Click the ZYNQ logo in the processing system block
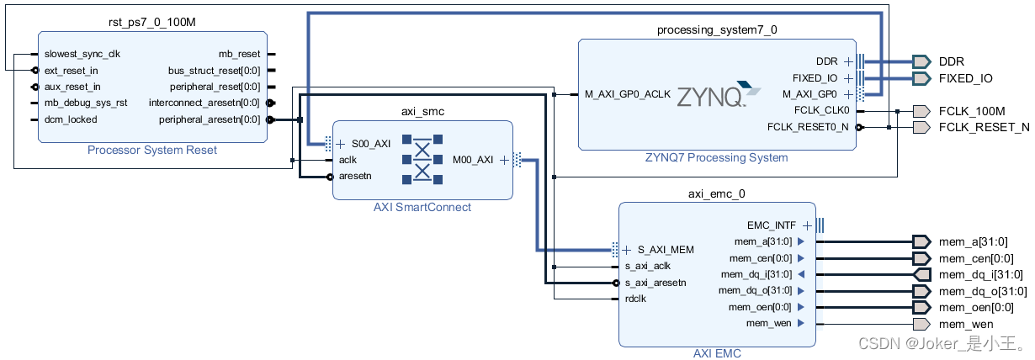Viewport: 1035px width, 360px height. coord(712,95)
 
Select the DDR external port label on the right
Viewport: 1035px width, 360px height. coord(951,61)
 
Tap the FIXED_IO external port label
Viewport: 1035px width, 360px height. coord(965,78)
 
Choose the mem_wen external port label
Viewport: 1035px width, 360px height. coord(965,324)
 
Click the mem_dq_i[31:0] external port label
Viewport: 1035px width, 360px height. coord(980,274)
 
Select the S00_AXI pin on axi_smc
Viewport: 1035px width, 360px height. coord(370,144)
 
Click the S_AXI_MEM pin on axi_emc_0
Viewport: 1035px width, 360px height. coord(665,250)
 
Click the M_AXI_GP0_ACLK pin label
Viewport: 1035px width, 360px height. coord(627,94)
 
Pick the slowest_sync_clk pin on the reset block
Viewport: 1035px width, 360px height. coord(82,54)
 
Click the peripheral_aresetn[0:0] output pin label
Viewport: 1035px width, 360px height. coord(210,119)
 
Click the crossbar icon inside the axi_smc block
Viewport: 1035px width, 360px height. coord(422,159)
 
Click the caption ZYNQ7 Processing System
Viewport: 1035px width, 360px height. coord(716,157)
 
